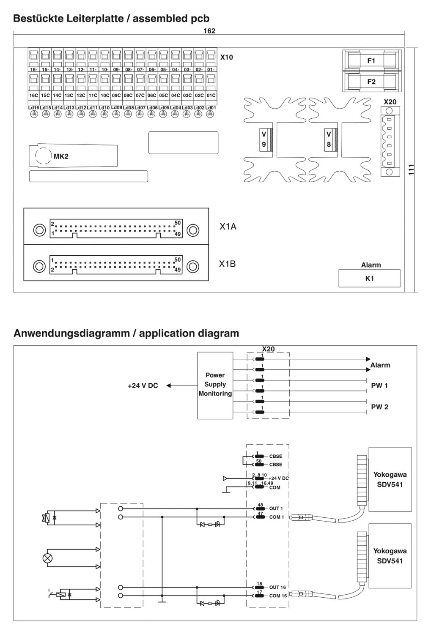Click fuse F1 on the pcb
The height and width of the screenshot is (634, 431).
pyautogui.click(x=371, y=60)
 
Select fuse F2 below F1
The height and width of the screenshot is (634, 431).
pyautogui.click(x=371, y=82)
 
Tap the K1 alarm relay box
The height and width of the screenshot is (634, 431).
pyautogui.click(x=369, y=278)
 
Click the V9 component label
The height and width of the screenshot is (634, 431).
pyautogui.click(x=264, y=139)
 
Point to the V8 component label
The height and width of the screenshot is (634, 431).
pyautogui.click(x=329, y=139)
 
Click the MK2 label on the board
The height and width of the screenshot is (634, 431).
pyautogui.click(x=61, y=156)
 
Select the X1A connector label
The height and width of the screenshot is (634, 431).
pyautogui.click(x=228, y=227)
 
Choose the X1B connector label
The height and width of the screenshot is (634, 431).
pyautogui.click(x=227, y=264)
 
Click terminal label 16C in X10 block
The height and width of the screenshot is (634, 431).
pyautogui.click(x=33, y=96)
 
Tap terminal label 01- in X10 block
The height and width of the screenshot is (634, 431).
pyautogui.click(x=211, y=69)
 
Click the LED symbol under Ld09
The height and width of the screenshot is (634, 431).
pyautogui.click(x=116, y=114)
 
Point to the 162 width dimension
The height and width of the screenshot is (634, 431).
pyautogui.click(x=209, y=31)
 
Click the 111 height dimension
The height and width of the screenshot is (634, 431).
pyautogui.click(x=411, y=169)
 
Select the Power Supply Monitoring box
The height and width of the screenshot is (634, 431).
pyautogui.click(x=215, y=385)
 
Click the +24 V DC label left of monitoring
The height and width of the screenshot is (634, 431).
pyautogui.click(x=143, y=385)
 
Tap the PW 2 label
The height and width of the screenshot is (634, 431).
pyautogui.click(x=379, y=407)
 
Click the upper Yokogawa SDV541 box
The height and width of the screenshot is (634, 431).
pyautogui.click(x=390, y=479)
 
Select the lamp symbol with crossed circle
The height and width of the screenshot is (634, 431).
pyautogui.click(x=47, y=558)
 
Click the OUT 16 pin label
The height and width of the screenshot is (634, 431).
pyautogui.click(x=277, y=588)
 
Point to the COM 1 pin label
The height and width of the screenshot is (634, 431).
pyautogui.click(x=276, y=517)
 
